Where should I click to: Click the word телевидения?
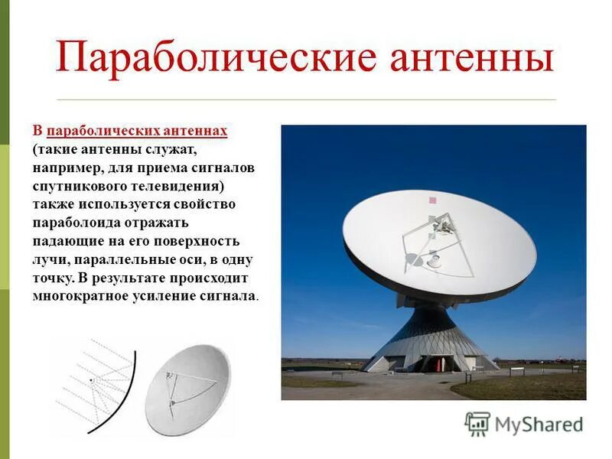pos(173,186)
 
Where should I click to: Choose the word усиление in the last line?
pos(160,296)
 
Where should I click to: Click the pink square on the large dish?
pos(432,200)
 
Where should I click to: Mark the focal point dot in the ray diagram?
pos(91,380)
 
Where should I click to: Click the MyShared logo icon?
pos(477,423)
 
